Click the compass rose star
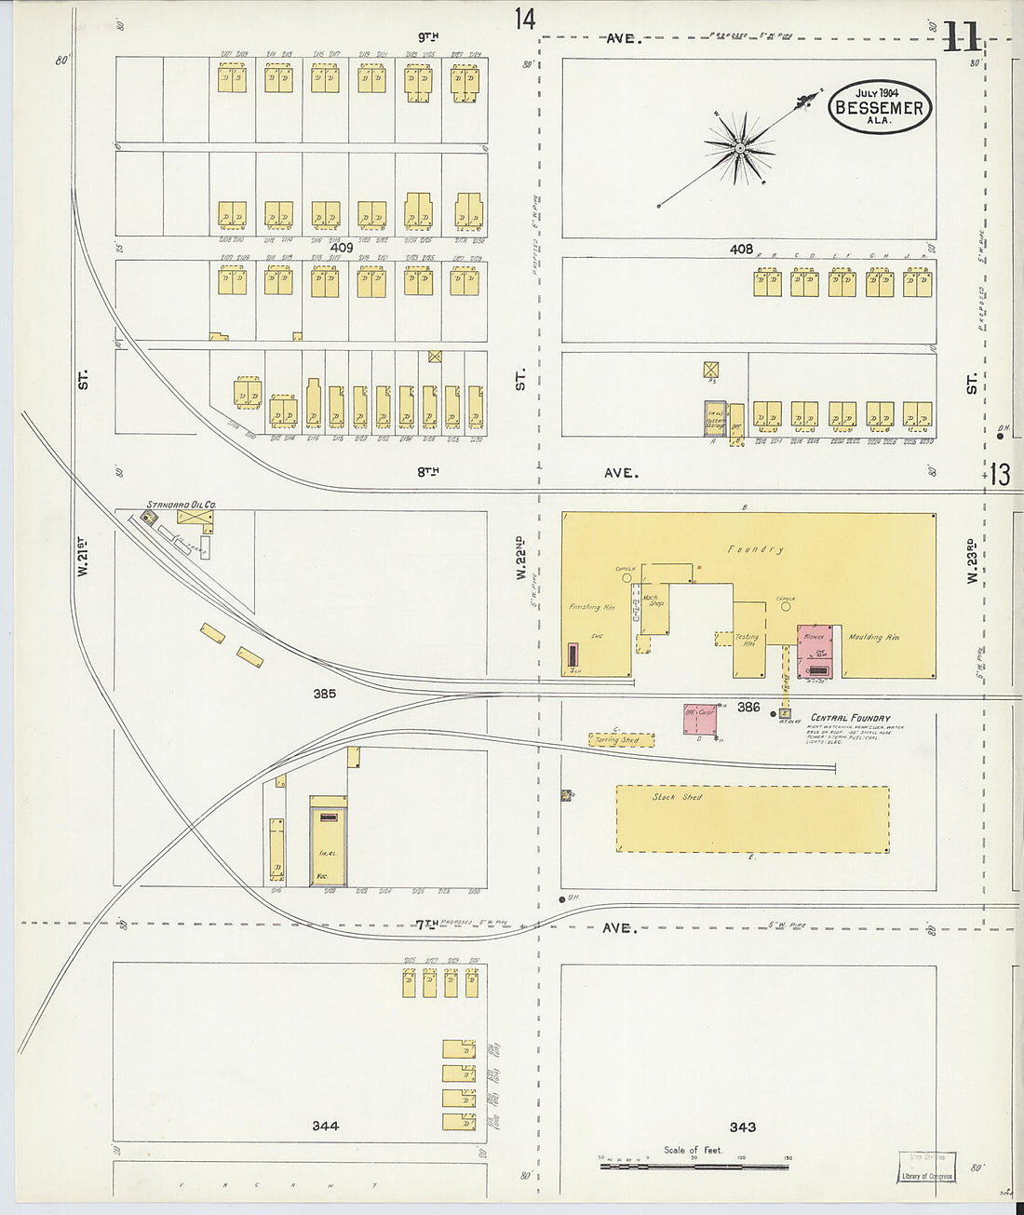739,148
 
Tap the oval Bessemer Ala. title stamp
879,107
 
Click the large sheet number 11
960,37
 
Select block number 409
341,248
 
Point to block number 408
741,249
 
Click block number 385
324,694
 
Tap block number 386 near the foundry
748,708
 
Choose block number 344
325,1126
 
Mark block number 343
742,1127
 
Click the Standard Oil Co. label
181,505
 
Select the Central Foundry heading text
850,718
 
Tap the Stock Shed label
677,797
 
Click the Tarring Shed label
617,740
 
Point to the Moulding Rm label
873,638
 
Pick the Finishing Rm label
591,607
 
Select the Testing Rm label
747,640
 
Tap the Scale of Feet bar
693,1164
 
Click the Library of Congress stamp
926,1167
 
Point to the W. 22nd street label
520,557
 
